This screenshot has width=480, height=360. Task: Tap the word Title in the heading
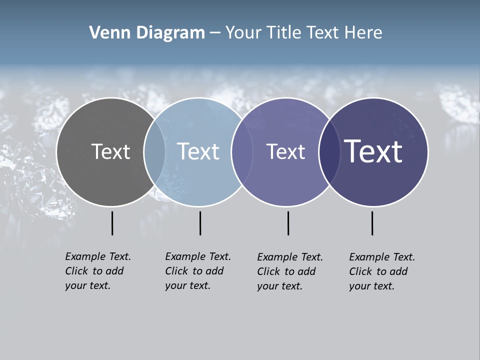[285, 33]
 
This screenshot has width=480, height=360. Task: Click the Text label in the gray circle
[110, 151]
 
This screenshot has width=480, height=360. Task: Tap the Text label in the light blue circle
[198, 151]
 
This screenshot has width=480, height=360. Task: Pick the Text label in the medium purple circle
[285, 151]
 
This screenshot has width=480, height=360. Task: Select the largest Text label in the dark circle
[373, 151]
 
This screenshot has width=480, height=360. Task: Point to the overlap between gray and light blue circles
[154, 152]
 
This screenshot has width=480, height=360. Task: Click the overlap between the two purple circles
[329, 152]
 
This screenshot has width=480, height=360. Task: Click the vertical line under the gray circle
[112, 223]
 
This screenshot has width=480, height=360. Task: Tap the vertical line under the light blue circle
[200, 223]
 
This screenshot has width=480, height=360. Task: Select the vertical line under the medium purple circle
[288, 223]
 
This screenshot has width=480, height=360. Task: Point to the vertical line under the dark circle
[372, 223]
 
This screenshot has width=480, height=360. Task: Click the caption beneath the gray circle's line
[97, 271]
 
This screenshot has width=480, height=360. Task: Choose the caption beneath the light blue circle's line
[197, 271]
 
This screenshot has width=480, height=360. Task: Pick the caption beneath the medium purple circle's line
[289, 271]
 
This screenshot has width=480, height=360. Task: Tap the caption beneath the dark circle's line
[381, 271]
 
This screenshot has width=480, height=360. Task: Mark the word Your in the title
[244, 33]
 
